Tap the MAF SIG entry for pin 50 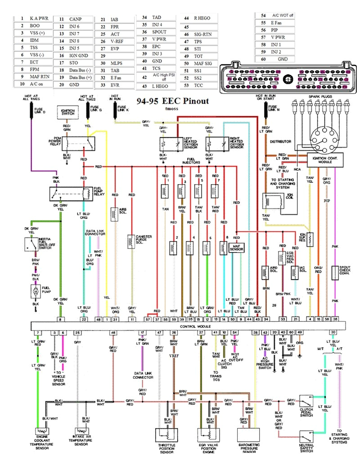202,63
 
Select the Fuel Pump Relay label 99,192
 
